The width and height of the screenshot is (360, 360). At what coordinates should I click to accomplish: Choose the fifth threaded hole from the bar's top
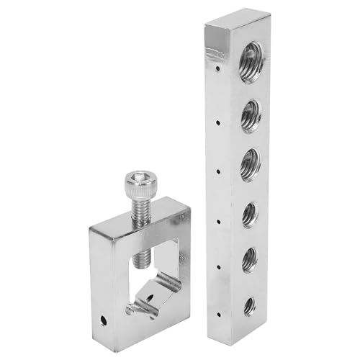(x=250, y=259)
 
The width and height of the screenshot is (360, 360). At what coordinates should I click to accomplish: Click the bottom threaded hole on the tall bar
(x=250, y=305)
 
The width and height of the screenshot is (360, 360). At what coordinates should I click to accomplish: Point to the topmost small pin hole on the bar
(x=217, y=71)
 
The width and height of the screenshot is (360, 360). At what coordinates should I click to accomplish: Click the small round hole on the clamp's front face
(x=103, y=317)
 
